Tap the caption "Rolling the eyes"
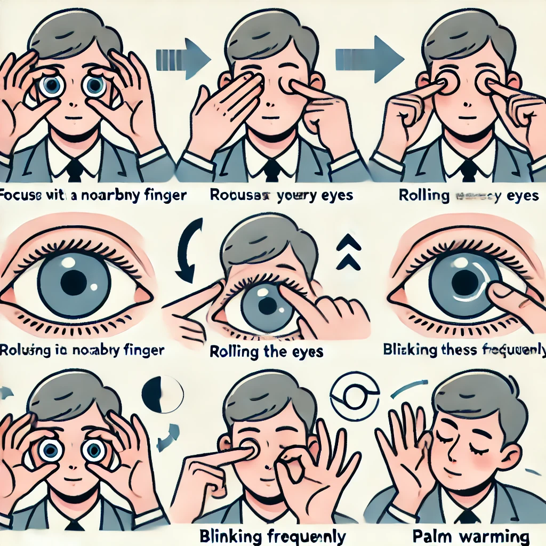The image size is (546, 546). click(267, 351)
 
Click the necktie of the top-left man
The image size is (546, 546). click(75, 170)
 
